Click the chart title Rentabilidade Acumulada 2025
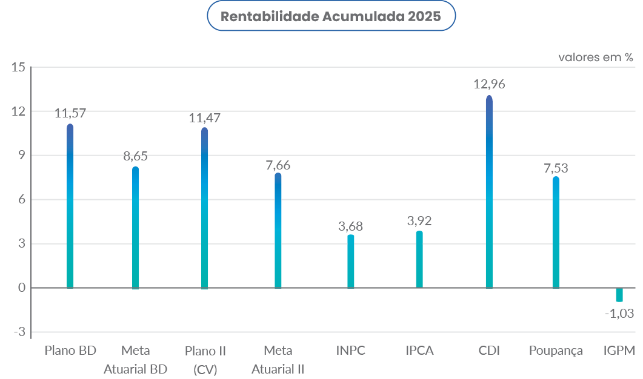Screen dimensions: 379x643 point(331,17)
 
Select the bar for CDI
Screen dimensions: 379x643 point(489,193)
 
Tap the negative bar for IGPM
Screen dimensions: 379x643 point(619,294)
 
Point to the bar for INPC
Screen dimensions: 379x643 point(350,262)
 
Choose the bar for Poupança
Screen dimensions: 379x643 point(555,232)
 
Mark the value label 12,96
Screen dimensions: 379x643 point(489,84)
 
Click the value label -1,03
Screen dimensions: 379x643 point(619,314)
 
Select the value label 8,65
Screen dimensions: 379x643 point(135,156)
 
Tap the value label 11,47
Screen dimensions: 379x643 point(204,118)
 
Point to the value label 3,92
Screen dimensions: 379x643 point(419,221)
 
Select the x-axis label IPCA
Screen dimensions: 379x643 point(419,351)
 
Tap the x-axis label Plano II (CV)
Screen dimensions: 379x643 point(205,360)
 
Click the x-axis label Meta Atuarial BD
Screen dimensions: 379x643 point(135,360)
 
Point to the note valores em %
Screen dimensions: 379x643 point(596,58)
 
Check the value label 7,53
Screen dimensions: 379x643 point(555,168)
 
